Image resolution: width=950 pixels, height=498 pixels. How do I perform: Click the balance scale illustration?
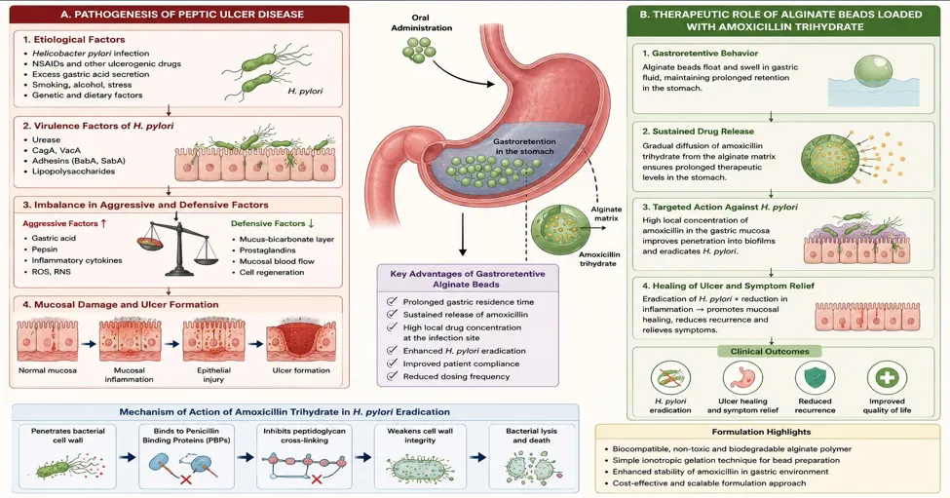click(x=177, y=246)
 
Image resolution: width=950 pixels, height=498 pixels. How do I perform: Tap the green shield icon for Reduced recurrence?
click(x=815, y=377)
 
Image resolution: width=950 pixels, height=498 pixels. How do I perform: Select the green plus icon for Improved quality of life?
click(x=887, y=377)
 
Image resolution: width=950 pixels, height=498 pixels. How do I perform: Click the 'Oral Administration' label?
click(x=421, y=23)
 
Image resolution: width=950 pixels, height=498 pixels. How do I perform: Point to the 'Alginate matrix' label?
click(x=606, y=213)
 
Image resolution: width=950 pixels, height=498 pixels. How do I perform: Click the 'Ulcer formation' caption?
click(x=301, y=370)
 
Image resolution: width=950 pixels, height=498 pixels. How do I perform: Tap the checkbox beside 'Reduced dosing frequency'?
click(x=392, y=377)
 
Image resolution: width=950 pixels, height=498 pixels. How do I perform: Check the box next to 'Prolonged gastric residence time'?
click(x=392, y=302)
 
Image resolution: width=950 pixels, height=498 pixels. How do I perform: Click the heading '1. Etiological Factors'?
click(x=74, y=39)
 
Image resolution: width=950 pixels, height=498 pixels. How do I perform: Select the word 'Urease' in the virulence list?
click(x=46, y=140)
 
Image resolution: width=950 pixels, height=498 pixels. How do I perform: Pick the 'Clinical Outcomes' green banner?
click(x=770, y=352)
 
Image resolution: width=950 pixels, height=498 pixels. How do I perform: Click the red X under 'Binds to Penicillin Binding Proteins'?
click(x=187, y=480)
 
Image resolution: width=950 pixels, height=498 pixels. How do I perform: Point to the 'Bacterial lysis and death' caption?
click(x=531, y=436)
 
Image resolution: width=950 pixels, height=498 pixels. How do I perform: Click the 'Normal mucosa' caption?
click(x=48, y=370)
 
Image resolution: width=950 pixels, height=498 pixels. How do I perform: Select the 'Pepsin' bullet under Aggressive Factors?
click(x=45, y=249)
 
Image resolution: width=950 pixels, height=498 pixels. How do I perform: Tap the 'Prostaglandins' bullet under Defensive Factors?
click(x=267, y=250)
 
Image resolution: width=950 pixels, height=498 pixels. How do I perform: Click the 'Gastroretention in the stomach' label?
click(x=524, y=146)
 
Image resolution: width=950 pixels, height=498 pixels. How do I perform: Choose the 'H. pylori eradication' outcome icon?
click(x=670, y=377)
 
